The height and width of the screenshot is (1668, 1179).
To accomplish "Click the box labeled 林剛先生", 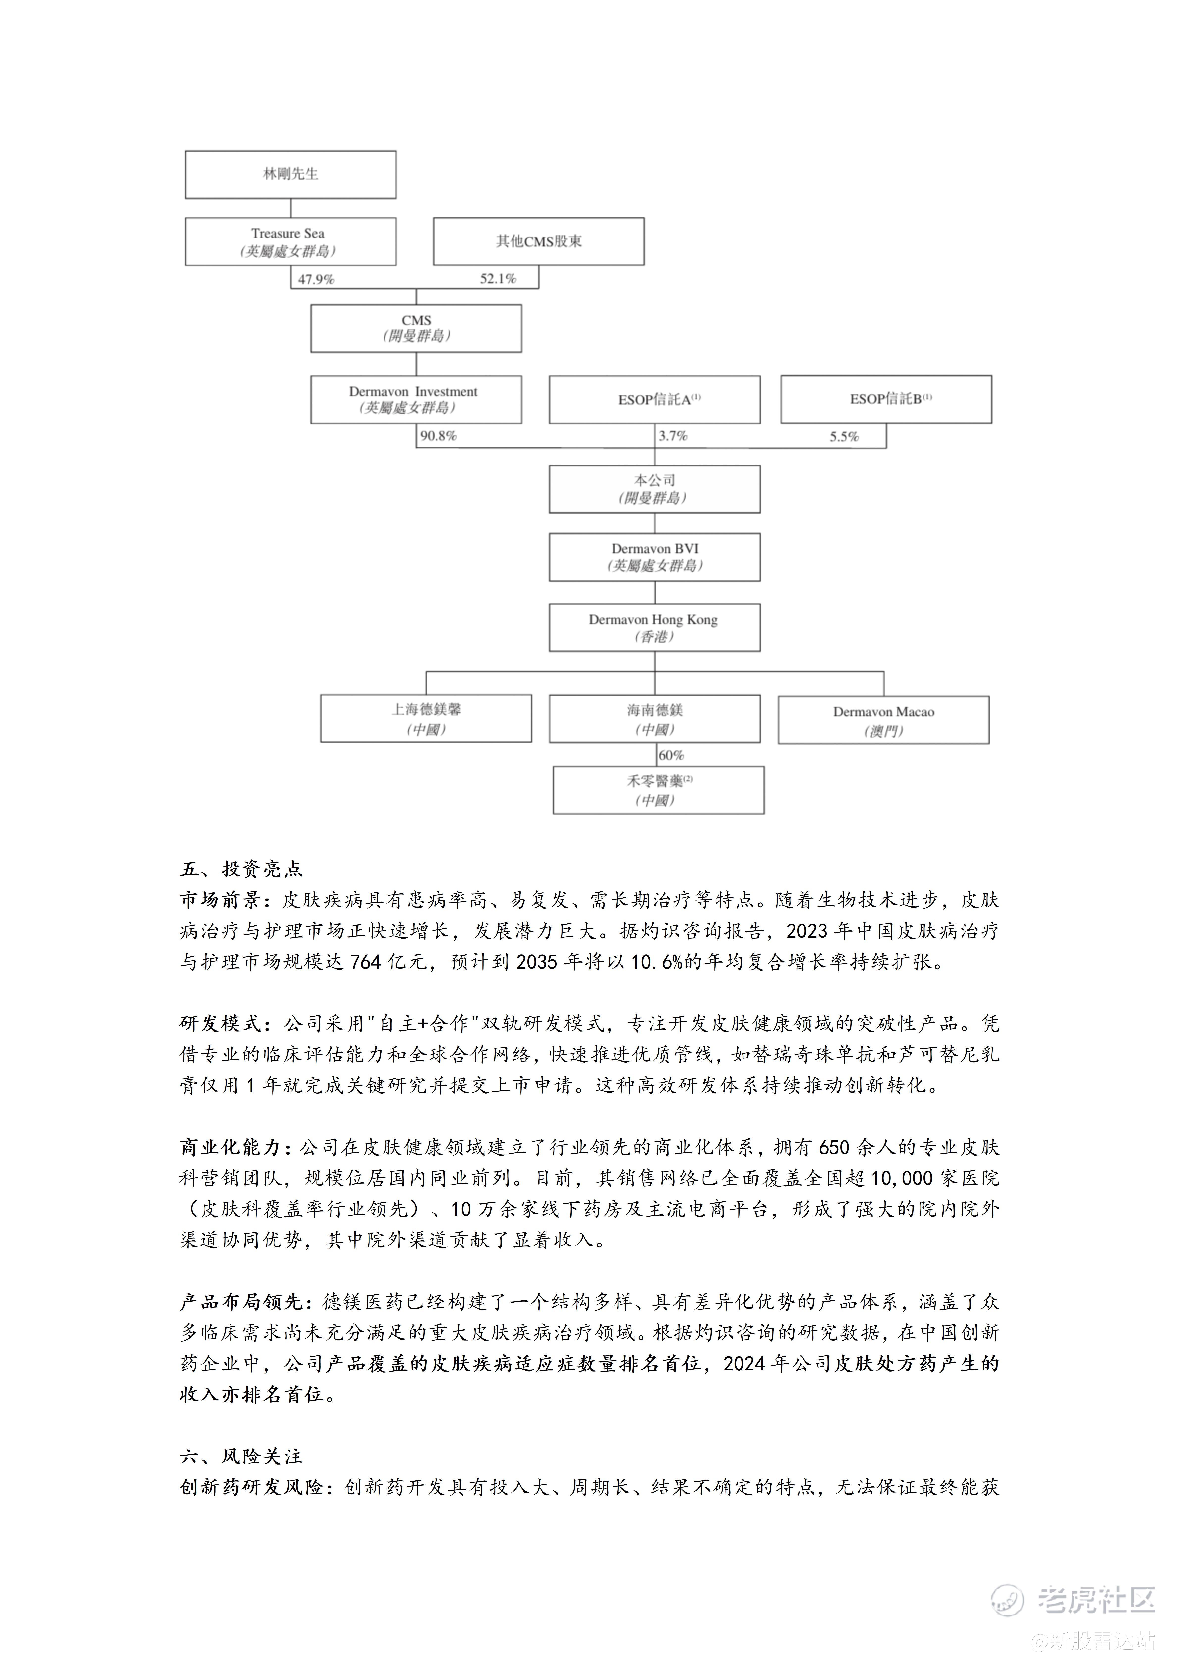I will pos(291,174).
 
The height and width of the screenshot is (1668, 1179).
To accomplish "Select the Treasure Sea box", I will pos(291,241).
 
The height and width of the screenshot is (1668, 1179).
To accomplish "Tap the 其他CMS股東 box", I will pos(538,241).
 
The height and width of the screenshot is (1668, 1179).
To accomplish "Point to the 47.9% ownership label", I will pos(316,279).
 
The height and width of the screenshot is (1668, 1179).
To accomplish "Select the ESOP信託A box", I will pos(655,399).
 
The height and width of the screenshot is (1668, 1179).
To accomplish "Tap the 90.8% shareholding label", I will pos(438,436).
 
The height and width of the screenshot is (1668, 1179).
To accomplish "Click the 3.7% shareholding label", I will pos(673,436).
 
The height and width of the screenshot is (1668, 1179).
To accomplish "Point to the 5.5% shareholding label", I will pos(844,437).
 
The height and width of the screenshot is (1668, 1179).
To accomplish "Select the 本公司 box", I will pos(655,489).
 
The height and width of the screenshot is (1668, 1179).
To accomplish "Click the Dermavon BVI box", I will pos(655,557).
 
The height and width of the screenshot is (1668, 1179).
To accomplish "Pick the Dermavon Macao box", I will pos(883,720).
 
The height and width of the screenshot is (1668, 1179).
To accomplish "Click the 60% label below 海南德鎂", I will pos(671,756).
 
